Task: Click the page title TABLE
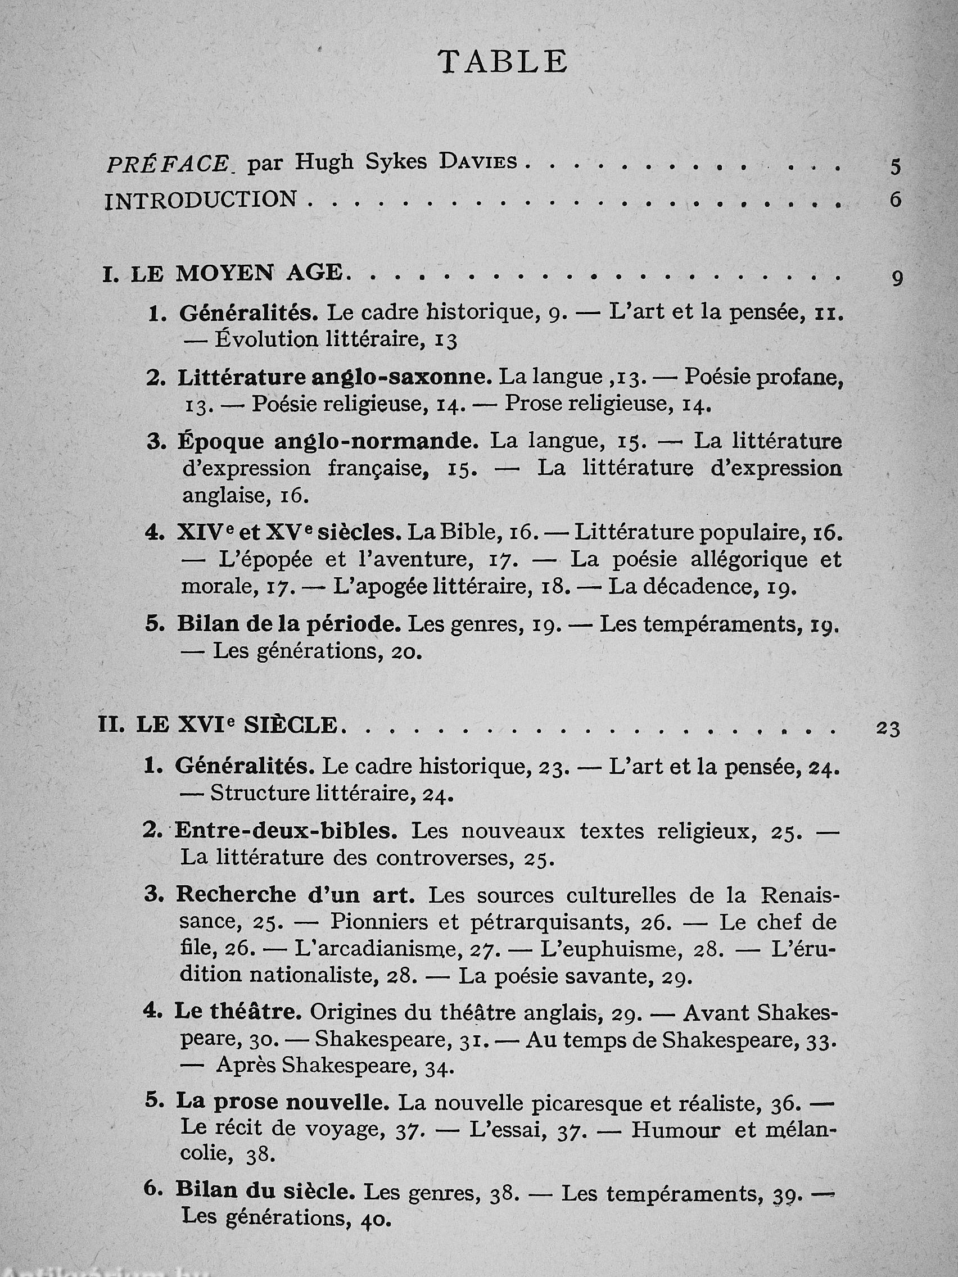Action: [x=503, y=61]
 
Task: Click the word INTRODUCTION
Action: [x=201, y=200]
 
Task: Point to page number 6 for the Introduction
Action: [x=895, y=200]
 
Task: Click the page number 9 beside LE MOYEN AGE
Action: [x=897, y=279]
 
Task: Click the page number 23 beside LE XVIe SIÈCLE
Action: [x=888, y=728]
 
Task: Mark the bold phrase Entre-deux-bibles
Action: [x=286, y=831]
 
